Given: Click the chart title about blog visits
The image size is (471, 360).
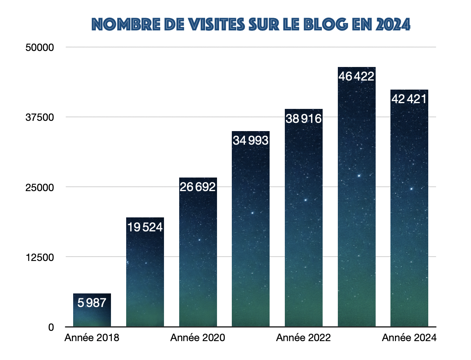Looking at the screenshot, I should point(251,25).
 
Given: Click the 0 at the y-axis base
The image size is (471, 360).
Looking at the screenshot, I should point(51,327).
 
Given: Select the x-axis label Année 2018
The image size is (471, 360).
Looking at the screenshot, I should point(92,338).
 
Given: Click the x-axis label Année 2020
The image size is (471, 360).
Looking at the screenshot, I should point(198,338).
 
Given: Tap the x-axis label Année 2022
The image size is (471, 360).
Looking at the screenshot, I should point(303,338).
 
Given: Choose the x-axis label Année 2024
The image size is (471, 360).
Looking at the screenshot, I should point(409,338).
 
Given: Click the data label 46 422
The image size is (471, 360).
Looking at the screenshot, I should point(356,76).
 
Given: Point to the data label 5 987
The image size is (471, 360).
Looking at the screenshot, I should point(92,303).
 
